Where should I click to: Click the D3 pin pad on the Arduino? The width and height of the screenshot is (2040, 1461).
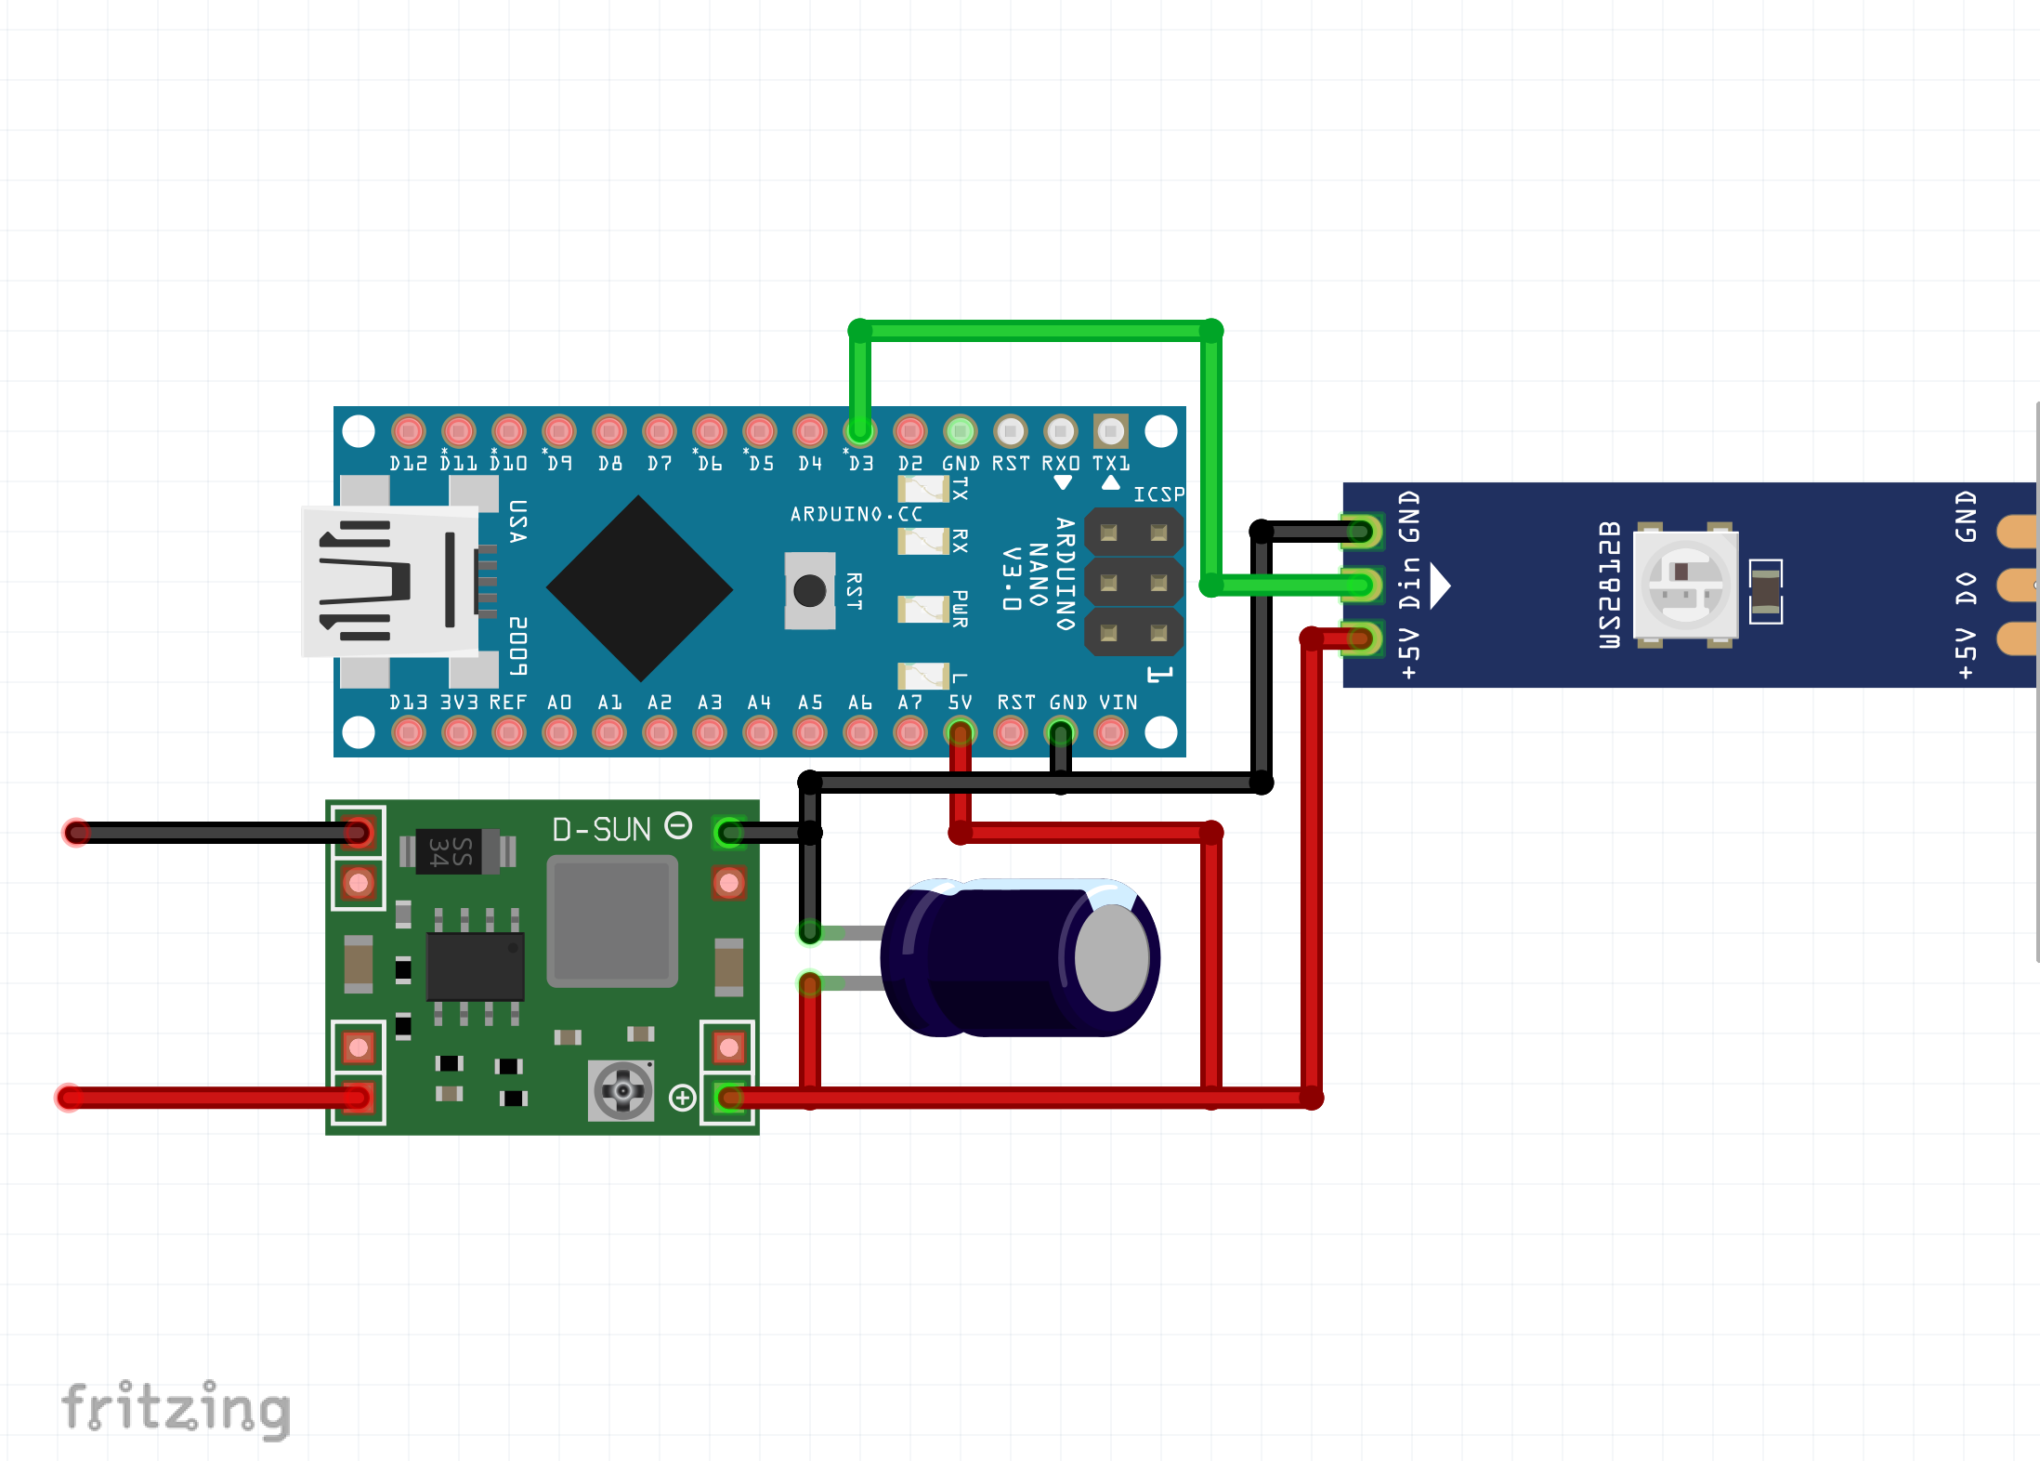tap(860, 431)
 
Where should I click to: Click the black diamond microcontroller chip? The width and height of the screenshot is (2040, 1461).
tap(639, 588)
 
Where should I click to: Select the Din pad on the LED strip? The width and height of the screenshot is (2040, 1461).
tap(1361, 586)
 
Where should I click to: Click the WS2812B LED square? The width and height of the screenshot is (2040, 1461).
tap(1684, 585)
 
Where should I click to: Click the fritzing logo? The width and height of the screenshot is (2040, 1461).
tap(177, 1408)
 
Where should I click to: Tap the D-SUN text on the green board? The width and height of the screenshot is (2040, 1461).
tap(601, 829)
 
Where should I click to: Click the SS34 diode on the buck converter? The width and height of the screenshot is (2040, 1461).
tap(451, 850)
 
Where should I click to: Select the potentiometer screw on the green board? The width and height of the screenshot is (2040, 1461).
tap(622, 1090)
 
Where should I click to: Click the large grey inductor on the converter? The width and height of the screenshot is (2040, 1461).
tap(612, 920)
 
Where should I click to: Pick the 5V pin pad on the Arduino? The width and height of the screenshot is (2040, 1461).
tap(961, 733)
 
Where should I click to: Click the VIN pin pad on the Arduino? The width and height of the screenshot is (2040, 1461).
tap(1111, 733)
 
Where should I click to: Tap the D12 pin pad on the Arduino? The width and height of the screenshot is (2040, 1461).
tap(409, 431)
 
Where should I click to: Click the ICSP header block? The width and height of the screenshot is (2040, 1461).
tap(1133, 583)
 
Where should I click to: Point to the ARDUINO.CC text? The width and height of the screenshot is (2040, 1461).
tap(856, 514)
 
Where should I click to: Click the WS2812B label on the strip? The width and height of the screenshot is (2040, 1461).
tap(1609, 585)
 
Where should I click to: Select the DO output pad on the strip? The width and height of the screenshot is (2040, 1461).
tap(2016, 586)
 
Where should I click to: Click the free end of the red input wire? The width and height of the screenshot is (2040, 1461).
tap(70, 1098)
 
